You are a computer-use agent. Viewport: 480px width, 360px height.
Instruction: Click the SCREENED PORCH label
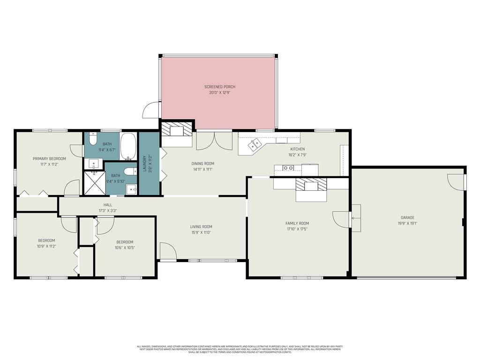219,87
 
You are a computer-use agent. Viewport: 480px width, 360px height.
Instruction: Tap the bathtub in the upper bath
128,146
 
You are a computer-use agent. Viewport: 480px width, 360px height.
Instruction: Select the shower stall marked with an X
94,182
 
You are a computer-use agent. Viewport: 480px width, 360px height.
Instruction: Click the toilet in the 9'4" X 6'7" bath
93,139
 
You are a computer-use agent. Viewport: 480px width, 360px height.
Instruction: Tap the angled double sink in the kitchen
255,145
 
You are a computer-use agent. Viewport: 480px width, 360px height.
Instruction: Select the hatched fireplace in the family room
310,186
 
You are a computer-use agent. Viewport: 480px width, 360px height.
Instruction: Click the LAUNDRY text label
145,164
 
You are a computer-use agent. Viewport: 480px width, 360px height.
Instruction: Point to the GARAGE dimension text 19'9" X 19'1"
407,224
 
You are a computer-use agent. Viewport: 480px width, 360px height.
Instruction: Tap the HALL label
108,205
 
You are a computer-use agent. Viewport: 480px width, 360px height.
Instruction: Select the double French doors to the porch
214,141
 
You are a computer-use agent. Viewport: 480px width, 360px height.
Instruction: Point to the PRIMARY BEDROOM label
49,158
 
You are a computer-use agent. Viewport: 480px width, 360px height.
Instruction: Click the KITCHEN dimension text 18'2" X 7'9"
298,155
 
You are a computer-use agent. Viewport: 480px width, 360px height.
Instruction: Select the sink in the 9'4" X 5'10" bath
131,189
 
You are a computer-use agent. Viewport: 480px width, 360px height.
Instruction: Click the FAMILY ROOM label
297,223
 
